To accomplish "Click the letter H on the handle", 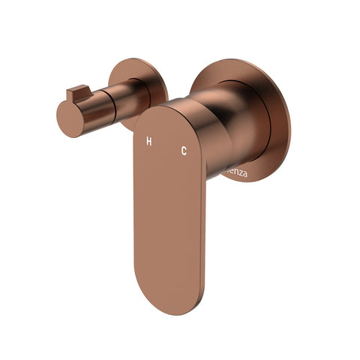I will (x=148, y=140).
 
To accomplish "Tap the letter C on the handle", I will (x=183, y=151).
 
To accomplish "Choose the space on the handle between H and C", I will (x=166, y=145).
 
